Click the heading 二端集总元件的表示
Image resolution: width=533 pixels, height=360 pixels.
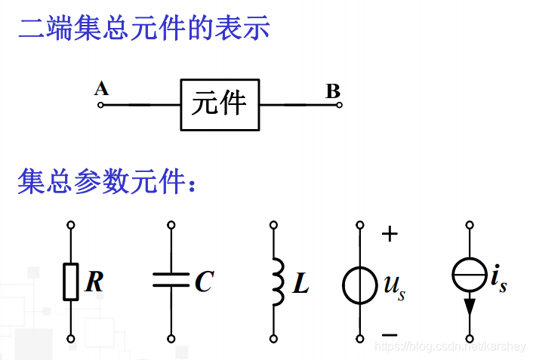click(144, 29)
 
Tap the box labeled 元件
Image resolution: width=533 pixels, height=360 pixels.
click(220, 104)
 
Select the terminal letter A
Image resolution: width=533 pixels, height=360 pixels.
click(101, 89)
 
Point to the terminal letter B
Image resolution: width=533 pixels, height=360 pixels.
click(333, 91)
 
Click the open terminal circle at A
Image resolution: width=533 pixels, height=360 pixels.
click(100, 105)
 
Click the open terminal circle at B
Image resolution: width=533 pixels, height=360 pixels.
click(339, 105)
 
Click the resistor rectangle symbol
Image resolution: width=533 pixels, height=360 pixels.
click(70, 282)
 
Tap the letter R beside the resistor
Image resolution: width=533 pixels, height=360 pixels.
click(94, 282)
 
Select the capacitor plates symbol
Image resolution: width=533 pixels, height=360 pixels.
click(171, 281)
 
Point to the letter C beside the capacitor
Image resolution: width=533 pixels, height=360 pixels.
click(203, 282)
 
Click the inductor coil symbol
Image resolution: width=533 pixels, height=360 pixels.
click(276, 282)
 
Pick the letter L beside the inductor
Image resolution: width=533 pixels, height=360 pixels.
click(300, 283)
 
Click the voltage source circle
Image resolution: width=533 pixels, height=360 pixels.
click(359, 285)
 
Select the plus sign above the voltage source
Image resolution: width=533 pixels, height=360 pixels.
click(390, 234)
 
